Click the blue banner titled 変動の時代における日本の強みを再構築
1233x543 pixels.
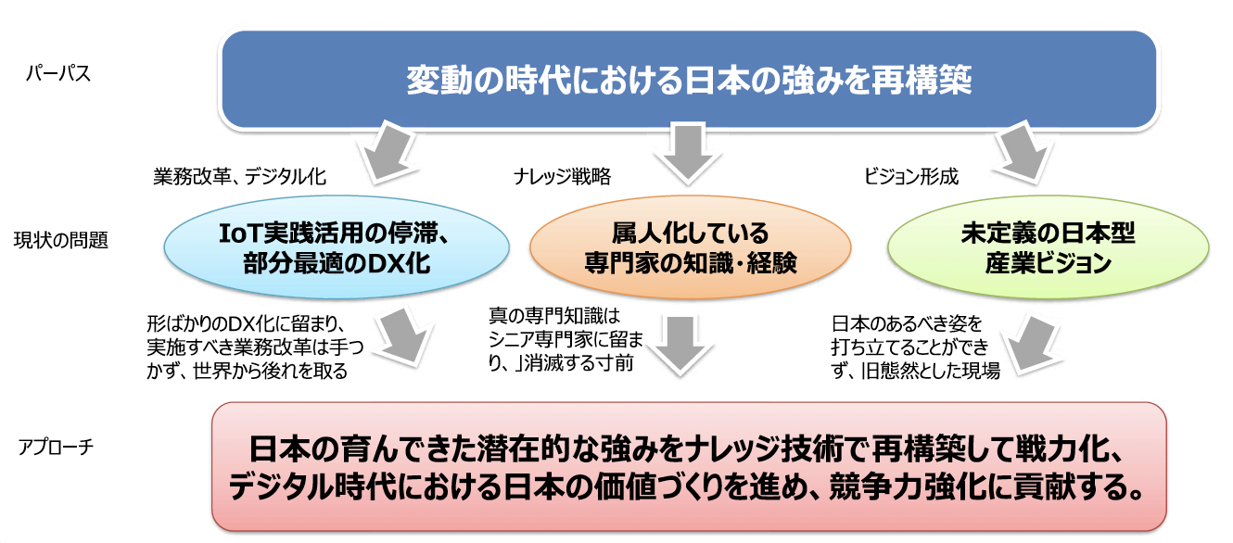(x=688, y=81)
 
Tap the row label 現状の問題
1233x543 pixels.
(x=62, y=241)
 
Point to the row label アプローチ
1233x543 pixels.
(x=58, y=448)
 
